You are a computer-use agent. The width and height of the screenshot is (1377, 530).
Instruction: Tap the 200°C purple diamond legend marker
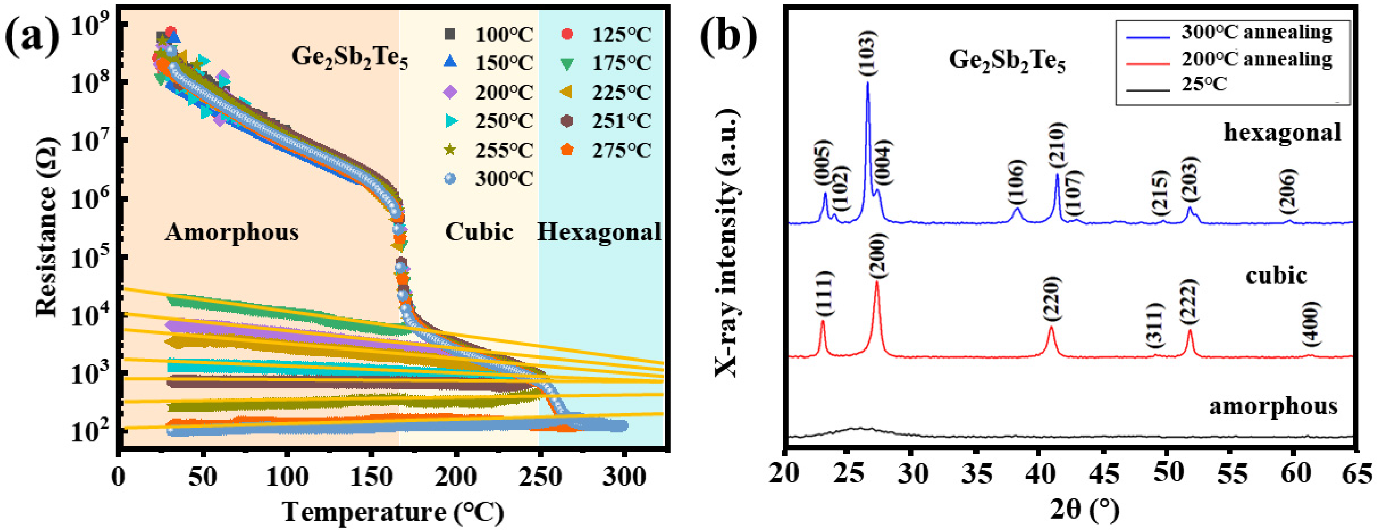451,92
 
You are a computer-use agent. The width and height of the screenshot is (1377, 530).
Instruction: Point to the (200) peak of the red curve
877,283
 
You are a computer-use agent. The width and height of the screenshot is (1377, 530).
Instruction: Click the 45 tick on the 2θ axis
1103,474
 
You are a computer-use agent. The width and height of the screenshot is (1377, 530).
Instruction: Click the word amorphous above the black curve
1273,406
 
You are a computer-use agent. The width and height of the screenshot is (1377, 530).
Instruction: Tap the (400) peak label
1312,324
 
